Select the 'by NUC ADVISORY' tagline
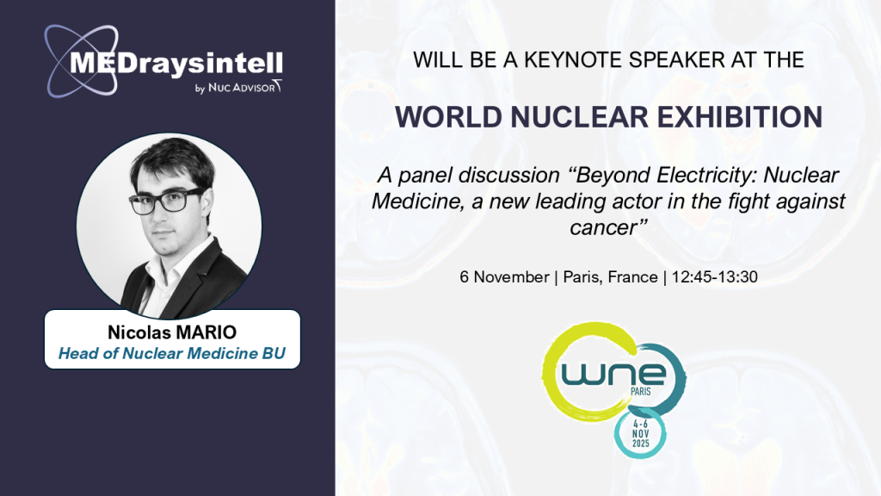click(x=238, y=87)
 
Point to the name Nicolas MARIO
click(x=172, y=332)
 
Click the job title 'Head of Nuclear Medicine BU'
click(x=172, y=353)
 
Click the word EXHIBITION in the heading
click(x=740, y=117)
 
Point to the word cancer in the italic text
click(x=603, y=227)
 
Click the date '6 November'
click(x=504, y=276)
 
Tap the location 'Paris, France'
click(x=610, y=276)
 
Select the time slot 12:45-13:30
click(x=715, y=276)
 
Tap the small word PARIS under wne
click(x=640, y=391)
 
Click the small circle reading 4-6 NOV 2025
click(x=640, y=434)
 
